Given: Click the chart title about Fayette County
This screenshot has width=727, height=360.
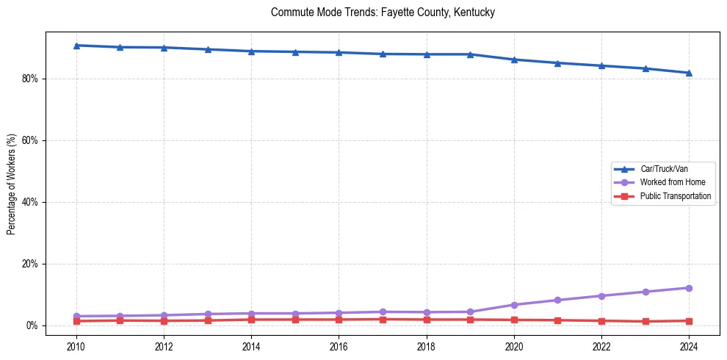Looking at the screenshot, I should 383,13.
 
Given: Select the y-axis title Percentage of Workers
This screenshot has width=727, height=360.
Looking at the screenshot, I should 11,184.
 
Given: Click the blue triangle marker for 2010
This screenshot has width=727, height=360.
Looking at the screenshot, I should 76,46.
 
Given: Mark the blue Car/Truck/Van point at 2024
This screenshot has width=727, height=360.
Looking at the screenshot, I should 689,73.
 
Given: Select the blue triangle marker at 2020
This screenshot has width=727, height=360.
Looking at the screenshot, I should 514,60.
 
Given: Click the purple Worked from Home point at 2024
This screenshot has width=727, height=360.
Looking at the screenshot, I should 689,288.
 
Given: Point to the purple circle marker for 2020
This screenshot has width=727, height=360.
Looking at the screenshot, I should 514,305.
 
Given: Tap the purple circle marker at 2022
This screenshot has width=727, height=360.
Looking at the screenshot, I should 601,296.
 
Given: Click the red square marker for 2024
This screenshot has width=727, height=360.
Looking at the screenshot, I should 689,321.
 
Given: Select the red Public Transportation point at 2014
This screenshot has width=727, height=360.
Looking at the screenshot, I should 251,320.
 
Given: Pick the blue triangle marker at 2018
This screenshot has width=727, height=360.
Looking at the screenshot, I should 427,54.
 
